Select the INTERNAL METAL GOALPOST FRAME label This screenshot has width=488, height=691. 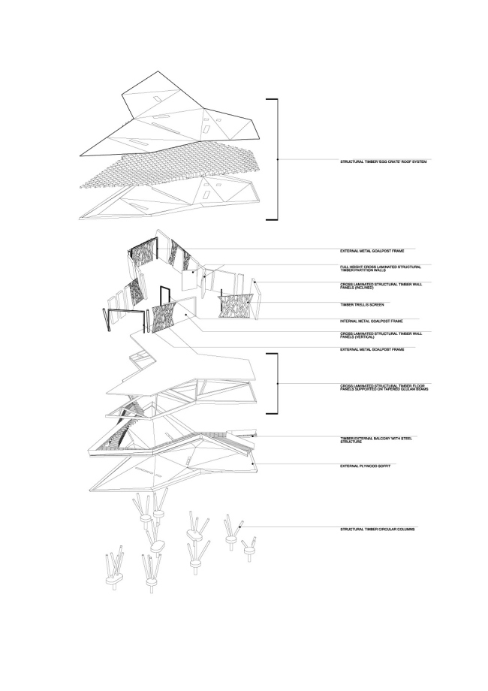point(372,321)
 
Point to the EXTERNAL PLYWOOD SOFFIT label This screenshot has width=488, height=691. point(365,466)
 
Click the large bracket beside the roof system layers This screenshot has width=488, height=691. point(276,160)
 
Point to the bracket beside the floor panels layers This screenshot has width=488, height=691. point(277,384)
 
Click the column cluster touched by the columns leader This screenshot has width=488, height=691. point(231,535)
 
